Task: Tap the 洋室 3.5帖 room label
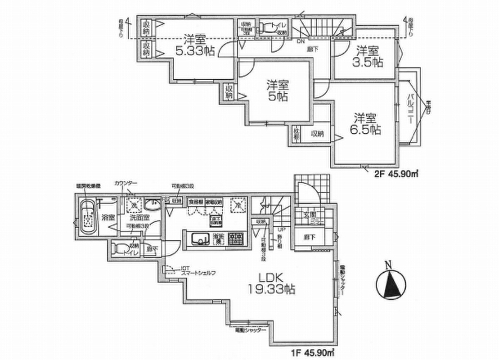coord(370,56)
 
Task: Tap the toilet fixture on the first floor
coord(119,248)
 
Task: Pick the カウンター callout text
coord(126,183)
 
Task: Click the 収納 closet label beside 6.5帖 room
coord(317,133)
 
